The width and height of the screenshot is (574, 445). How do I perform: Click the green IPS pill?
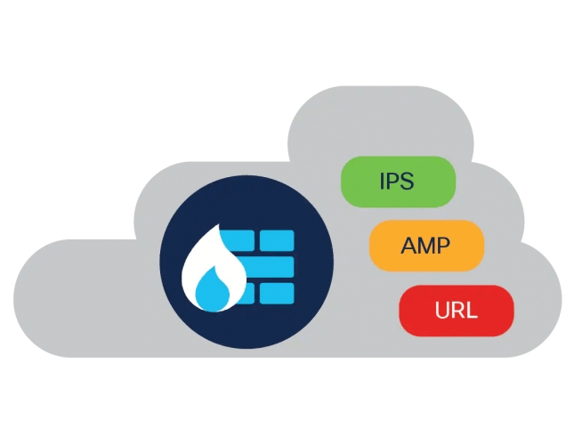[398, 181]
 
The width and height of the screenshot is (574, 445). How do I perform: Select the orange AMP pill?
[426, 245]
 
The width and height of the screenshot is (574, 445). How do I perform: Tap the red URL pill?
[457, 311]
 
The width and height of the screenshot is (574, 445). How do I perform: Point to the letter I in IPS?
[382, 182]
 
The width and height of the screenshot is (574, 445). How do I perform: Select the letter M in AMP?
[425, 246]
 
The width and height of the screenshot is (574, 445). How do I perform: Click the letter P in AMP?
[445, 246]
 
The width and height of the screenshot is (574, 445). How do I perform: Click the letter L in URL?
[473, 311]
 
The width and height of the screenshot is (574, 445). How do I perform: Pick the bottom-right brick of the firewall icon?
[277, 293]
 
